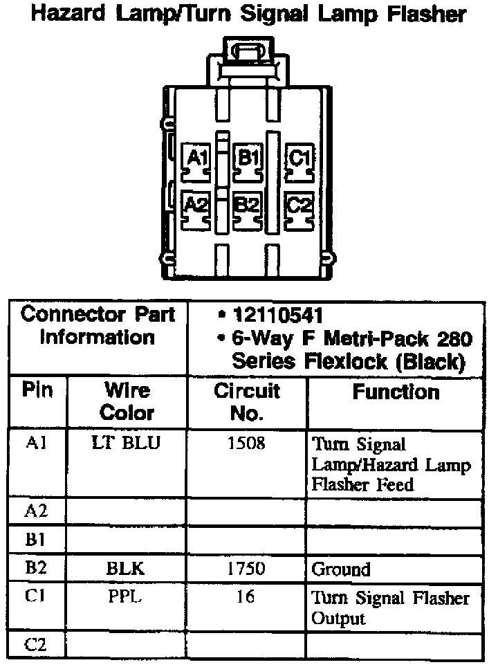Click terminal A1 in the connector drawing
[199, 159]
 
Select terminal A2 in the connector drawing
[197, 205]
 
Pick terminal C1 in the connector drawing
[299, 159]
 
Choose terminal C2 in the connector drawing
[299, 205]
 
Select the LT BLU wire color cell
[126, 443]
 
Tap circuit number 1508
[246, 443]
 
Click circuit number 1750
[246, 569]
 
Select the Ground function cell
[341, 569]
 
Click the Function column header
[395, 392]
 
